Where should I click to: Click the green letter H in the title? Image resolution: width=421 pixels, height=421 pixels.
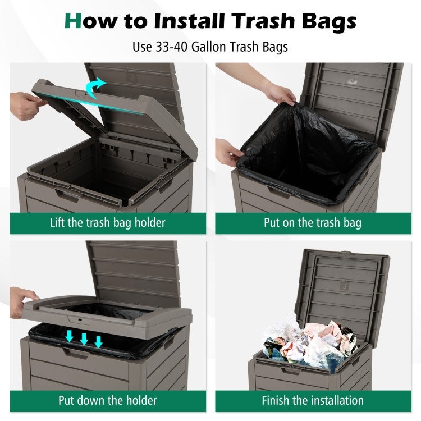click(73, 21)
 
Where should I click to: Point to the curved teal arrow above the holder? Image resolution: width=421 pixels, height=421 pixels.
click(95, 87)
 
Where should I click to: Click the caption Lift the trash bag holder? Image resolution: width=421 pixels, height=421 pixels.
click(108, 223)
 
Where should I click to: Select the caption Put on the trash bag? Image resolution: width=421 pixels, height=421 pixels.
click(313, 223)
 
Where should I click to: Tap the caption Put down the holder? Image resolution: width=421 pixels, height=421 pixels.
click(108, 401)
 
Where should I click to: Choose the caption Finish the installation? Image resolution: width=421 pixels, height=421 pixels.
click(313, 401)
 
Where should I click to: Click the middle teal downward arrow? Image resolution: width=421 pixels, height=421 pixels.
click(84, 339)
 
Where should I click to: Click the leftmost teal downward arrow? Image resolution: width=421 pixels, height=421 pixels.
click(70, 336)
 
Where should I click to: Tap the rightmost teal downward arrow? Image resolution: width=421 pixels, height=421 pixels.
click(99, 342)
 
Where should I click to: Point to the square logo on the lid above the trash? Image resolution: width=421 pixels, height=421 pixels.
click(345, 286)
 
